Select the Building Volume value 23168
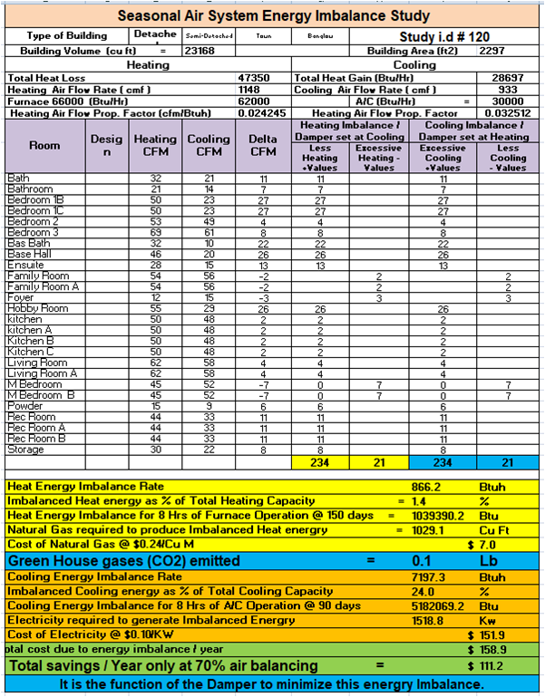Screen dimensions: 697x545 (x=200, y=52)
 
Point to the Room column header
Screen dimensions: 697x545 (x=44, y=145)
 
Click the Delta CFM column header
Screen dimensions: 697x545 (x=263, y=145)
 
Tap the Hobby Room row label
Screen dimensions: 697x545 (x=38, y=309)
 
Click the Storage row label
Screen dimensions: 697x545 (x=25, y=450)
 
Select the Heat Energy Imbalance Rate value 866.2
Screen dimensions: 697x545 (x=425, y=487)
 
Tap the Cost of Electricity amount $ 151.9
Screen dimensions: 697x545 (x=490, y=634)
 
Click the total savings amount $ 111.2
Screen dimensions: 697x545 (x=490, y=665)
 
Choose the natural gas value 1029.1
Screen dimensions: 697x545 (x=425, y=529)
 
